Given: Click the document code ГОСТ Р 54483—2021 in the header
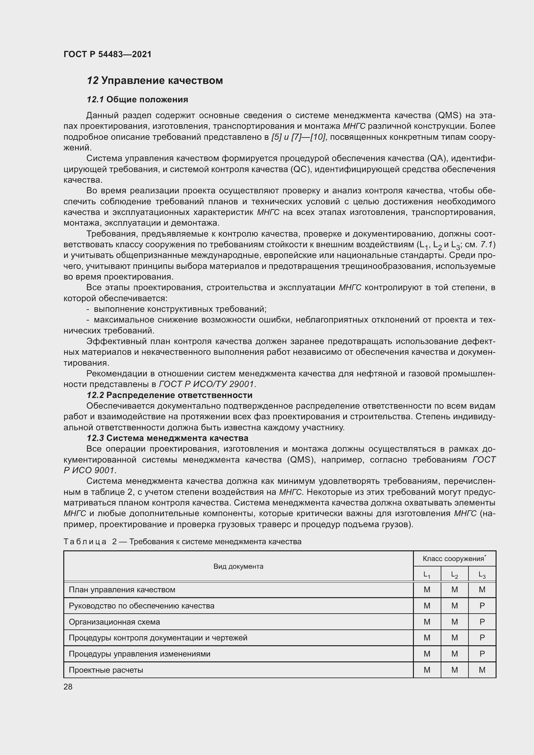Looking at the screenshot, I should click(x=107, y=54).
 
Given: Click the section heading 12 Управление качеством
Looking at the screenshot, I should click(x=155, y=81).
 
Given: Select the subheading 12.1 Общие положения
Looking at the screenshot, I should click(x=137, y=99).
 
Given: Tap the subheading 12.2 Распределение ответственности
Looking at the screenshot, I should click(x=169, y=395).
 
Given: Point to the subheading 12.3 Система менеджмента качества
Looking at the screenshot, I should click(x=167, y=438).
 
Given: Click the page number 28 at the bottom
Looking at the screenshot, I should click(x=68, y=687).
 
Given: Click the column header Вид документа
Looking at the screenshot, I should click(x=238, y=566).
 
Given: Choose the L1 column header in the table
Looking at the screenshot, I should click(x=426, y=575).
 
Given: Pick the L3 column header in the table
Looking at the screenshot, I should click(x=482, y=575).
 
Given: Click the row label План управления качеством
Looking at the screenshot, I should click(x=122, y=590).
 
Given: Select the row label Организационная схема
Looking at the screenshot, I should click(x=114, y=622).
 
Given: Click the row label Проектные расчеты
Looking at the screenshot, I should click(x=106, y=670).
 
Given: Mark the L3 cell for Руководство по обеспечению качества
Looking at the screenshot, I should click(x=482, y=606).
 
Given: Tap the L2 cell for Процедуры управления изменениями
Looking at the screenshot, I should click(x=455, y=654).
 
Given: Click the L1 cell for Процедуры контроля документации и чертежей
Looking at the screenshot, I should click(x=427, y=638).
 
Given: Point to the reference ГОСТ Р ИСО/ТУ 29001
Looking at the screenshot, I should click(x=207, y=384).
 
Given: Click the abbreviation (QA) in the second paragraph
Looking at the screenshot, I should click(x=437, y=158).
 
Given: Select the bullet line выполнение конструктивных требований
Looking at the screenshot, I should click(x=180, y=309).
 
